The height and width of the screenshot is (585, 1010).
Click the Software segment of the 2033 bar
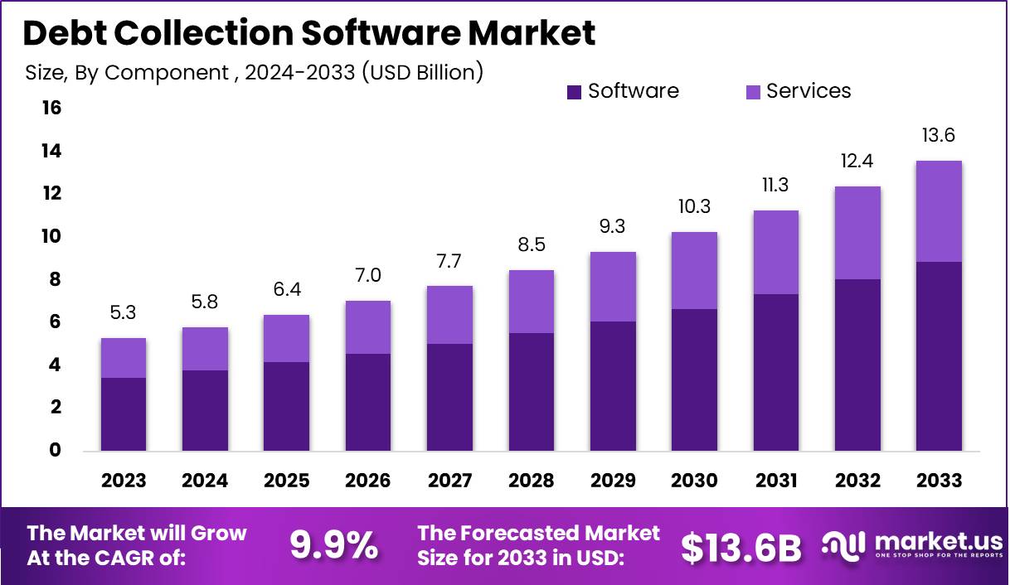939,356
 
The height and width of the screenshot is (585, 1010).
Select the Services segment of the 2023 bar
123,358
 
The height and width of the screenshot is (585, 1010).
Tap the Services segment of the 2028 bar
531,302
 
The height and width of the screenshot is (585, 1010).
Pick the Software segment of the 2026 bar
367,403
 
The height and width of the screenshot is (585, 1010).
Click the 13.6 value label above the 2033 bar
939,135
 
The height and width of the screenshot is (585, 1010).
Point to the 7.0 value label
367,275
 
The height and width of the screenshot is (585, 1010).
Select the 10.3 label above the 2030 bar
694,206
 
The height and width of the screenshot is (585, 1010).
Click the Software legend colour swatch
575,92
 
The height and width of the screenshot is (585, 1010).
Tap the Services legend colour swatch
753,92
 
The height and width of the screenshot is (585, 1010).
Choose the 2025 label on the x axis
286,481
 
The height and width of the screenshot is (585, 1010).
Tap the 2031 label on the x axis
775,481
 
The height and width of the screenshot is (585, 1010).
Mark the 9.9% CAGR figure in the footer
333,544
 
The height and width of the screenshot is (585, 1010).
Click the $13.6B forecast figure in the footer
741,546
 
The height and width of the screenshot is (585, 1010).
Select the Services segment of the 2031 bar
775,252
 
